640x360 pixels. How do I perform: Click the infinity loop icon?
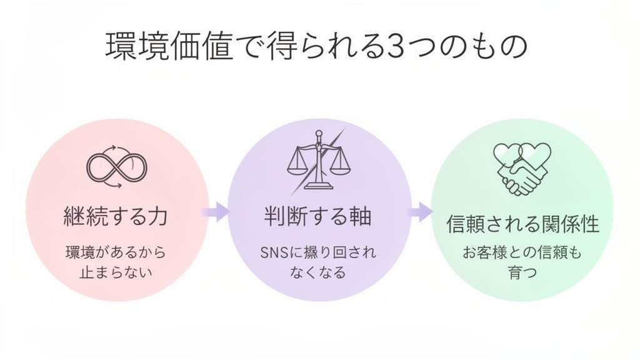pyautogui.click(x=117, y=167)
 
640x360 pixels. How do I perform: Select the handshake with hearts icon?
pyautogui.click(x=522, y=167)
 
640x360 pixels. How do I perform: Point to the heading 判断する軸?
pyautogui.click(x=318, y=217)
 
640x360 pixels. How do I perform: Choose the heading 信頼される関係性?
pyautogui.click(x=522, y=224)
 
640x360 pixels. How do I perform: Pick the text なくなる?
pyautogui.click(x=318, y=272)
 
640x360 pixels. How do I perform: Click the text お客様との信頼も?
pyautogui.click(x=522, y=253)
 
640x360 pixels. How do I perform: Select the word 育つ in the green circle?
pyautogui.click(x=522, y=273)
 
